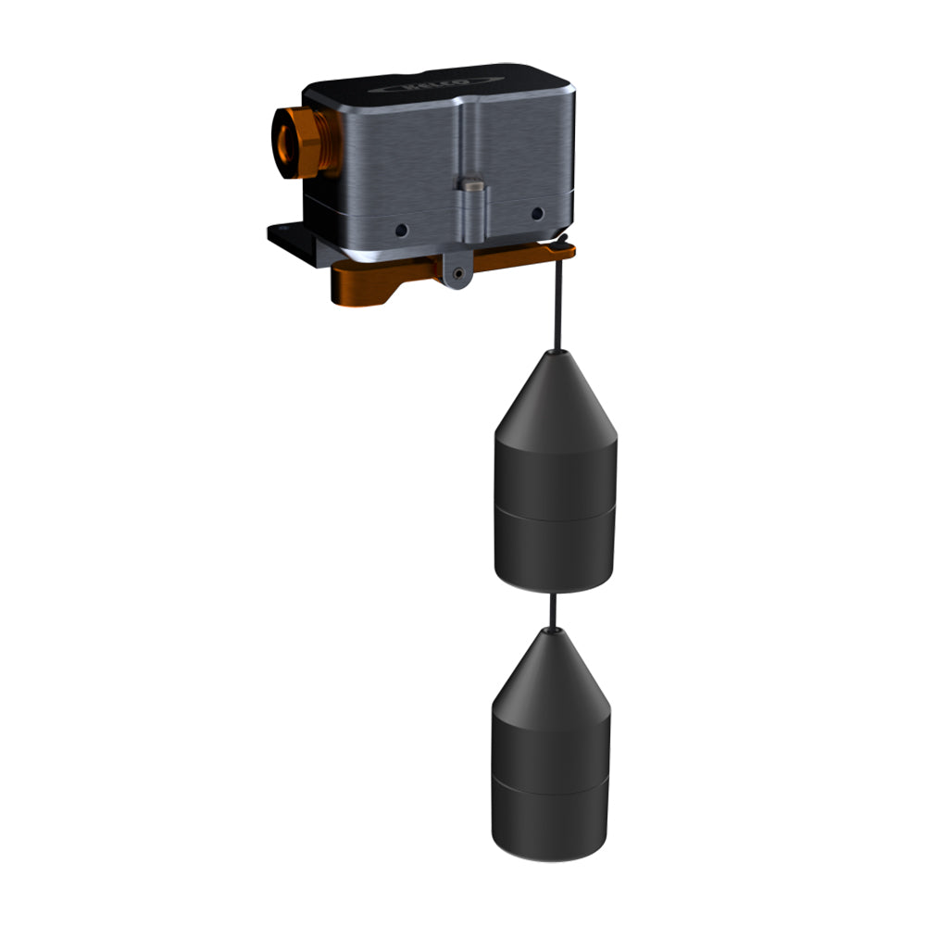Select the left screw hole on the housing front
(400, 229)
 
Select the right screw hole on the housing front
(536, 214)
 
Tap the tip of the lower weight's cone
(552, 631)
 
